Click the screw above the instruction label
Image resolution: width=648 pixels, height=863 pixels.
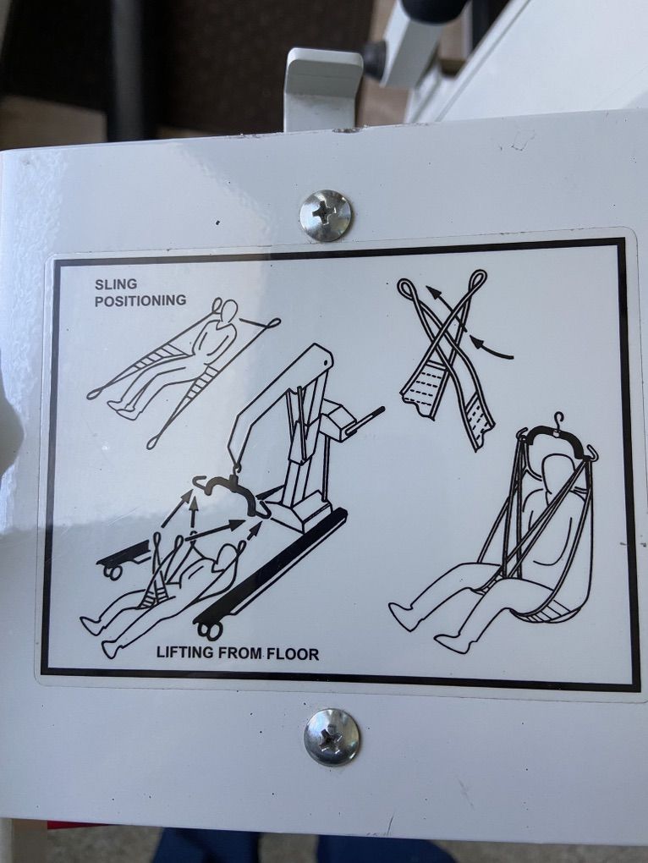[326, 215]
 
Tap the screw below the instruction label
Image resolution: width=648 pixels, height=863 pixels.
[332, 736]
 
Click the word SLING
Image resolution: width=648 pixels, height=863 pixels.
[116, 284]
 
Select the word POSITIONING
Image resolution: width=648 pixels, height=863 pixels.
[140, 300]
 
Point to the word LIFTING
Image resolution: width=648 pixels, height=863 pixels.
[185, 653]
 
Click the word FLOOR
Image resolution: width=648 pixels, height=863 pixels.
[293, 654]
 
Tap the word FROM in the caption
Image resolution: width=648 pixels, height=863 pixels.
[240, 653]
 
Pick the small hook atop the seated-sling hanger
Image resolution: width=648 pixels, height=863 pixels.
[559, 421]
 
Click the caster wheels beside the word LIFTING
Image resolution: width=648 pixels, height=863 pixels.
[209, 630]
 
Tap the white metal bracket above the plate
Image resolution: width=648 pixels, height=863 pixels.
[323, 88]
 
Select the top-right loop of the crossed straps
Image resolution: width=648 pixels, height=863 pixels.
[477, 278]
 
